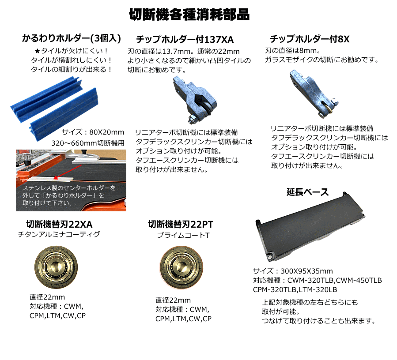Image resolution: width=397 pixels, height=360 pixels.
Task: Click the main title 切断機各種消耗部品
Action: coord(189,15)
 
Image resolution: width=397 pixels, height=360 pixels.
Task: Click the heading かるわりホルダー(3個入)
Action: coord(72,38)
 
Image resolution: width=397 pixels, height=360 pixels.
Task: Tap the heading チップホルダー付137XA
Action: coord(185,39)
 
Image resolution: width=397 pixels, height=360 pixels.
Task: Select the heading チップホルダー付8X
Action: coord(310,39)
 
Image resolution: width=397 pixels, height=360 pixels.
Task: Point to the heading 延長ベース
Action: coord(308,192)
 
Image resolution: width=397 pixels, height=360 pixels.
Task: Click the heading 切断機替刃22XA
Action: coord(59,225)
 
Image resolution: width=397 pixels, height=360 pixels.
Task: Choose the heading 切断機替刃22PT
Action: coord(181,225)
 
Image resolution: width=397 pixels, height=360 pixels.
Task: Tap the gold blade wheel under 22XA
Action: coord(56,267)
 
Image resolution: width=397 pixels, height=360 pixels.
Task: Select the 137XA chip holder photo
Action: coord(195,100)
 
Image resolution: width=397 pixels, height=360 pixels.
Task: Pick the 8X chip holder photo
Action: coord(314,94)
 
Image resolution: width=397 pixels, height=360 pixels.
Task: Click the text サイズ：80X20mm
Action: coord(93,132)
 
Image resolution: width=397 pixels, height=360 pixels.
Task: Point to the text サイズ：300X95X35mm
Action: coord(293,271)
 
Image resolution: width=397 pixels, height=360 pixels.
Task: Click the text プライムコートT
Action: coord(183,235)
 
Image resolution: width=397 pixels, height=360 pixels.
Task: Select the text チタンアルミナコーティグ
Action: coord(59,234)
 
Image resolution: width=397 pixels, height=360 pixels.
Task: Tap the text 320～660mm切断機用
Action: coord(88,143)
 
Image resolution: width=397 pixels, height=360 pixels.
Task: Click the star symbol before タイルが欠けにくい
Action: coord(37,51)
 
